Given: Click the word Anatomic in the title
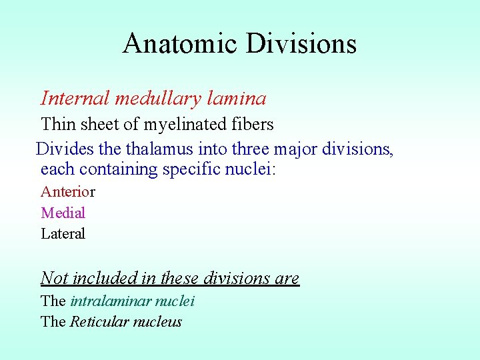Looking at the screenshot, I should point(180,44).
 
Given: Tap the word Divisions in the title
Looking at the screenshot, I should point(301,44).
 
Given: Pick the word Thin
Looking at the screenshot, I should point(57,124).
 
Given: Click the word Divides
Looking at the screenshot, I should point(61,148).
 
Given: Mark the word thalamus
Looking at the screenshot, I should point(150,148).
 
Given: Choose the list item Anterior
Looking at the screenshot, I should point(68,192).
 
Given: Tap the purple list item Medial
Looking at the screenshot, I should point(63,213).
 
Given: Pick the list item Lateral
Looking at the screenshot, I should point(63,233).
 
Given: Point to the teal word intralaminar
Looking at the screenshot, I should point(108,301).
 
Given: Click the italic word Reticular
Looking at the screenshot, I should point(100,322).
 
